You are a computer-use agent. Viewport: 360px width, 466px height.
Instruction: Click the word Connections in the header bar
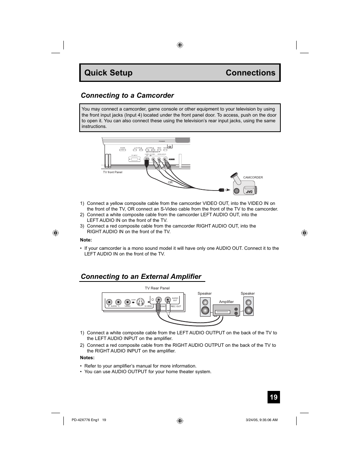point(250,73)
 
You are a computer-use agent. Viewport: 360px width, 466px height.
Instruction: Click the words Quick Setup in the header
point(108,73)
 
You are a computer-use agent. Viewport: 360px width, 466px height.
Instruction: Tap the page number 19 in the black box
point(274,397)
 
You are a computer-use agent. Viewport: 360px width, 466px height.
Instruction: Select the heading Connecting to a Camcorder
point(127,95)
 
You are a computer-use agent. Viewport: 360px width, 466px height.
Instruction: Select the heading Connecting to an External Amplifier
point(141,277)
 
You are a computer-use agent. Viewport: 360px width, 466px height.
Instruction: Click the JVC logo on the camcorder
point(249,191)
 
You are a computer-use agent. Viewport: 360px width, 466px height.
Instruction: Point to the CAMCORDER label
point(253,177)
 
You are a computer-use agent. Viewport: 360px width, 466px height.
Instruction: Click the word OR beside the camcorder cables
point(170,183)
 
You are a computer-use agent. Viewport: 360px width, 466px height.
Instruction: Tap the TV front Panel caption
point(112,172)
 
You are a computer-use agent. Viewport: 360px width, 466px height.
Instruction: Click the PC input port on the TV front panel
point(134,160)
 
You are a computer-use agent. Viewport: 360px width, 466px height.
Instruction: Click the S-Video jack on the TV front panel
point(147,160)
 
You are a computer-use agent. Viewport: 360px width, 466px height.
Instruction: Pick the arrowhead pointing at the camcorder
point(228,190)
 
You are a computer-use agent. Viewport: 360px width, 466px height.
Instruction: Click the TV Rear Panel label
point(157,288)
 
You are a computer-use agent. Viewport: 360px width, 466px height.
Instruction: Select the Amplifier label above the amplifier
point(226,302)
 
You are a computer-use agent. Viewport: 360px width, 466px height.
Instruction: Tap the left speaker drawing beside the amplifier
point(205,307)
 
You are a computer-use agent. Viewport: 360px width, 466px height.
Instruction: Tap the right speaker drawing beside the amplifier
point(248,307)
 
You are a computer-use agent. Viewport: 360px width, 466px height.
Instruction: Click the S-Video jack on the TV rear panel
point(140,302)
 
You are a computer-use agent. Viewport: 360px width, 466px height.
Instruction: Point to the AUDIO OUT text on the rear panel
point(175,299)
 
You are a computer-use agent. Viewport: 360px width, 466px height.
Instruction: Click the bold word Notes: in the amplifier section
point(87,358)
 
